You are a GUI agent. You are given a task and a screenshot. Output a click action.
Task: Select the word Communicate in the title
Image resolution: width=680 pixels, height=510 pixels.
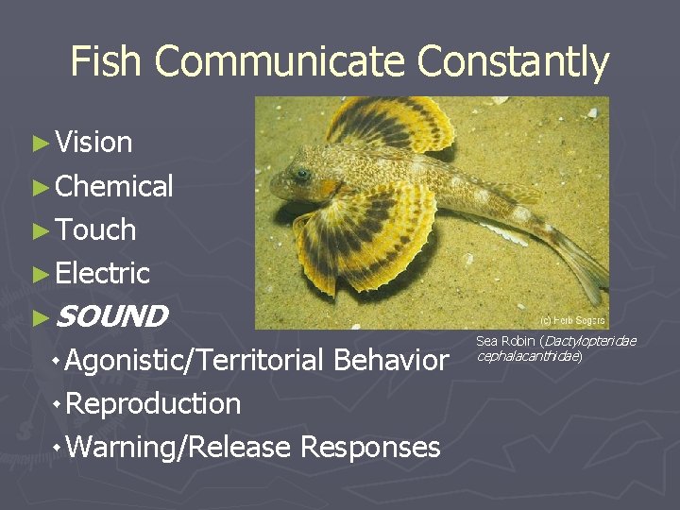pyautogui.click(x=280, y=62)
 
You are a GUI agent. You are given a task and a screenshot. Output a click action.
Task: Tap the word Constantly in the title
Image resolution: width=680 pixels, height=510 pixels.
pyautogui.click(x=513, y=62)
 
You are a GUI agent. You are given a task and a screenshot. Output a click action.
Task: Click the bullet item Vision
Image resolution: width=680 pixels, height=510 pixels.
pyautogui.click(x=93, y=143)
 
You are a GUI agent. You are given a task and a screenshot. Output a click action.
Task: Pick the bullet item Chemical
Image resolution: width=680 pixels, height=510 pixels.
pyautogui.click(x=114, y=186)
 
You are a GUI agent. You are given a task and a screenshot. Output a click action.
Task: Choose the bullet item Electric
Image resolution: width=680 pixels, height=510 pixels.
pyautogui.click(x=103, y=273)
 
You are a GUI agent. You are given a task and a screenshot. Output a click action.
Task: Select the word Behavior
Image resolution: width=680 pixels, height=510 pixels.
pyautogui.click(x=390, y=360)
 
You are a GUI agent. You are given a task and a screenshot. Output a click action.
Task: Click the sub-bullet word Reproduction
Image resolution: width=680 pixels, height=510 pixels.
pyautogui.click(x=154, y=403)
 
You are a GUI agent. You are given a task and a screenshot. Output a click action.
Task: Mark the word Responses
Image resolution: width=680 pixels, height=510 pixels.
pyautogui.click(x=370, y=447)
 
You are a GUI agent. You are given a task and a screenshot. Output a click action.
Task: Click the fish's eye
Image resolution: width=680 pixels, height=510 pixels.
pyautogui.click(x=301, y=174)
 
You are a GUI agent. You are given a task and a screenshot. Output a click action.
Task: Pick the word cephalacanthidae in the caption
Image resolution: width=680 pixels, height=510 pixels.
pyautogui.click(x=528, y=356)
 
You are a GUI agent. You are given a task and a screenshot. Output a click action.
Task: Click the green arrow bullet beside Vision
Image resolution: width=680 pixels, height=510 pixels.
pyautogui.click(x=39, y=144)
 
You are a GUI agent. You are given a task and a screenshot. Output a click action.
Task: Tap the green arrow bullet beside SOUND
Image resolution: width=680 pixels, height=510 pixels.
pyautogui.click(x=39, y=317)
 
